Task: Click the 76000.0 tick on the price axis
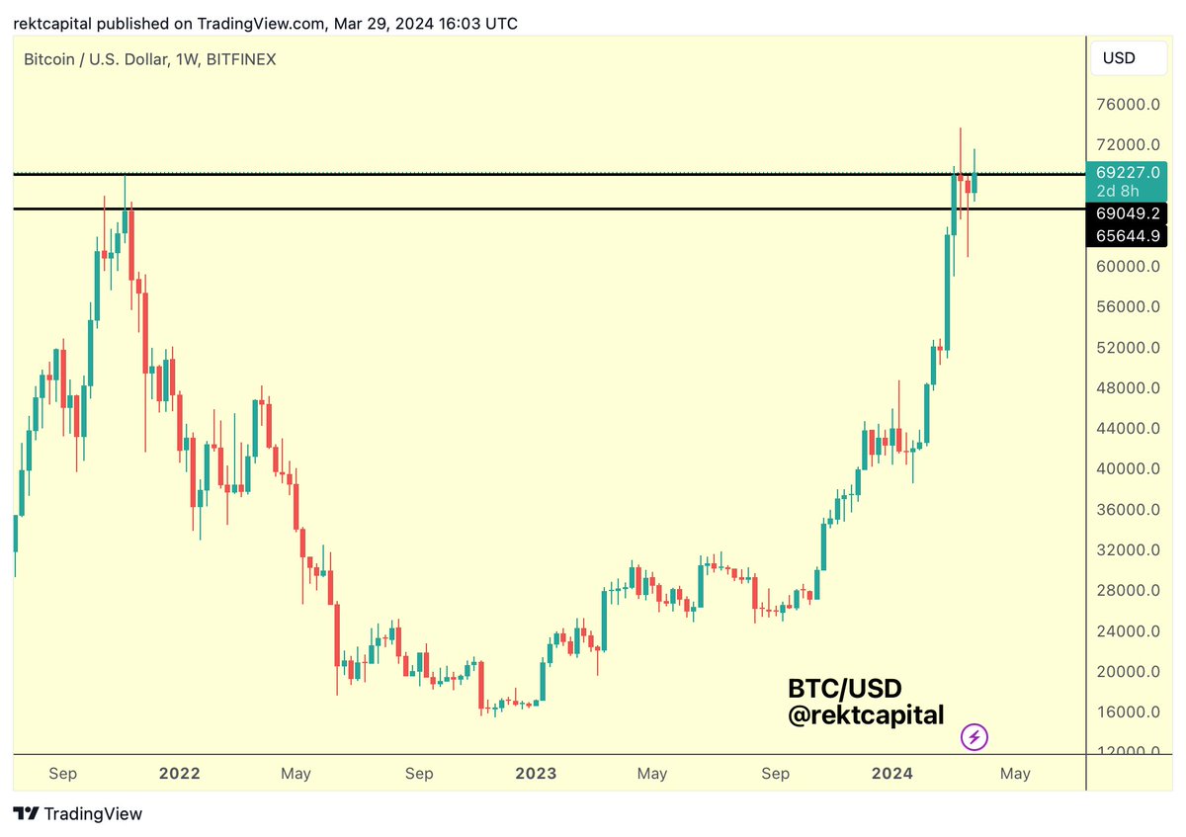[1127, 104]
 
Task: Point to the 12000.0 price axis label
[1127, 752]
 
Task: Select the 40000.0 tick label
[1127, 468]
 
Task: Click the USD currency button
[1119, 58]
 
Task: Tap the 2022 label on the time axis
[179, 773]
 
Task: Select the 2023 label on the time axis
[536, 773]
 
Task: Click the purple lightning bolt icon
[974, 736]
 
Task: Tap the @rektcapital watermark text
[866, 714]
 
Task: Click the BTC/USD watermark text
[845, 687]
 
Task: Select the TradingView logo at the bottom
[78, 814]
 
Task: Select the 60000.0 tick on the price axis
[1127, 266]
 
